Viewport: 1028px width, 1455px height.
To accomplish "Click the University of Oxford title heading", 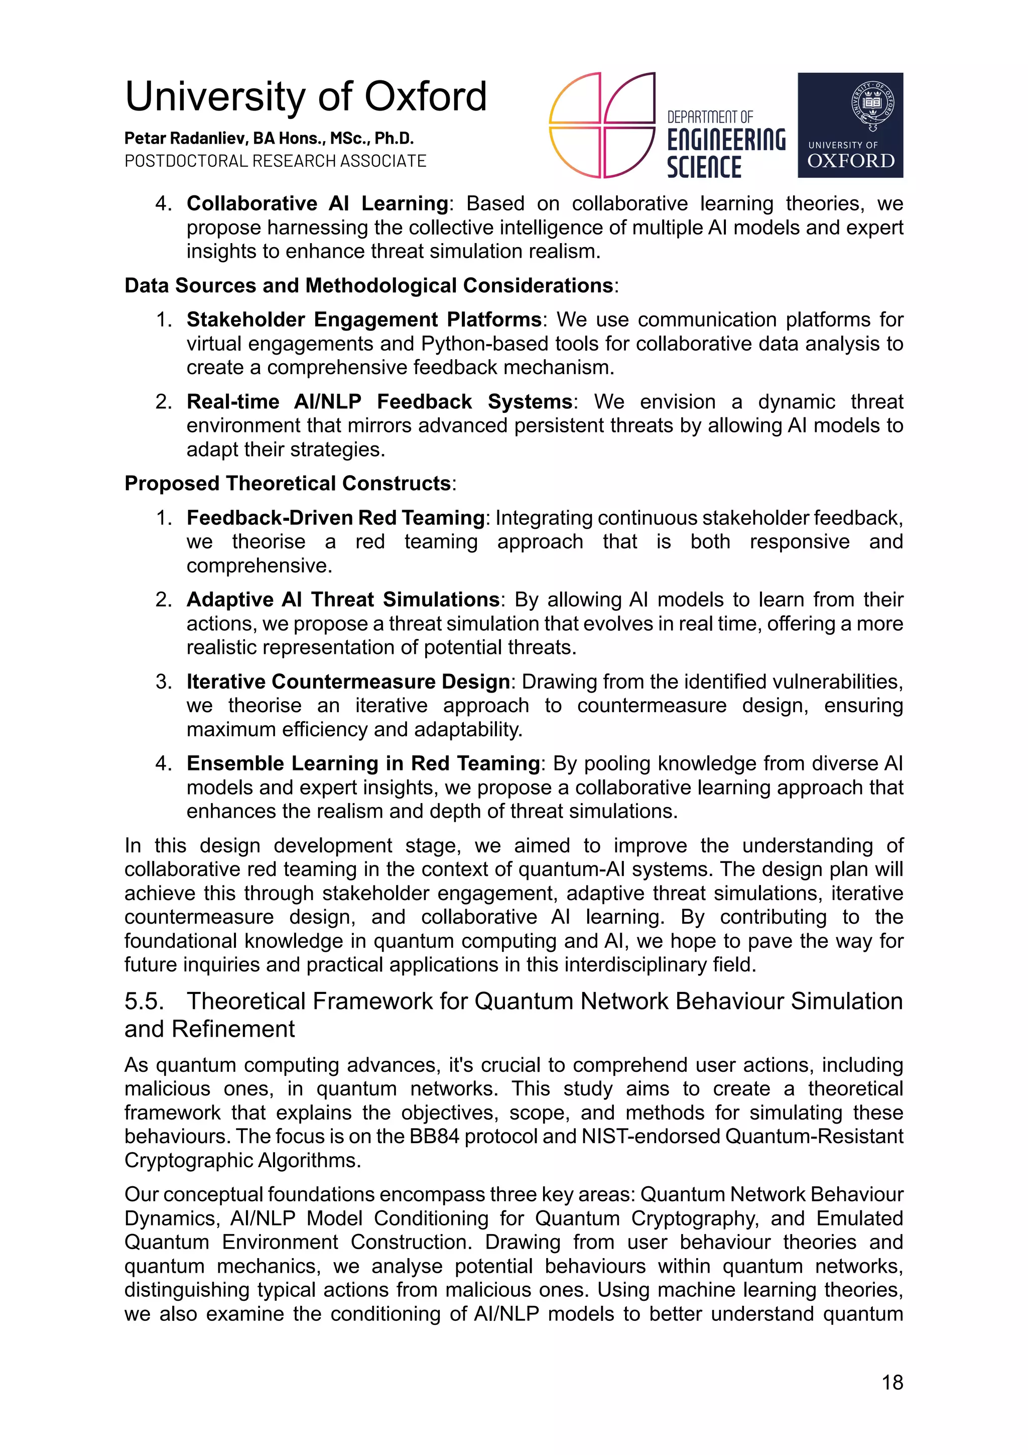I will [305, 97].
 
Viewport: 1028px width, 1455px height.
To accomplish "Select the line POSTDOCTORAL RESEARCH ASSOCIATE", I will [275, 161].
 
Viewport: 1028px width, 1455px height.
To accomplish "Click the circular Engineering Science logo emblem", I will [601, 125].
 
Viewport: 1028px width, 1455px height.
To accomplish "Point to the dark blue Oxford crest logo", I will [849, 125].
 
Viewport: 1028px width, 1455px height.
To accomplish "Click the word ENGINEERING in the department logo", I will [726, 140].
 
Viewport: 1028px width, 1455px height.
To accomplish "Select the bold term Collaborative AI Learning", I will [317, 203].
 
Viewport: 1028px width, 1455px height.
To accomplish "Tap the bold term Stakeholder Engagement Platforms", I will [363, 319].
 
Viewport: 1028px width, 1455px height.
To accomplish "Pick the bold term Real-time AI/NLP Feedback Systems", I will [379, 402].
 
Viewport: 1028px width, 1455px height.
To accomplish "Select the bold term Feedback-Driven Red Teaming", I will [335, 518].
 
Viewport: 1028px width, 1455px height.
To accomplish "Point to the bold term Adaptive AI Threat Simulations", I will [343, 600].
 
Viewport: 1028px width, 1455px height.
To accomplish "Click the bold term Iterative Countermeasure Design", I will [348, 682].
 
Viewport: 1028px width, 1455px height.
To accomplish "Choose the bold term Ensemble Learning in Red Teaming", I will [363, 763].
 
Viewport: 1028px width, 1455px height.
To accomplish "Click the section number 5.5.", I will [144, 1002].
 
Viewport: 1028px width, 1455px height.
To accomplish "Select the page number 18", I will [892, 1383].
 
